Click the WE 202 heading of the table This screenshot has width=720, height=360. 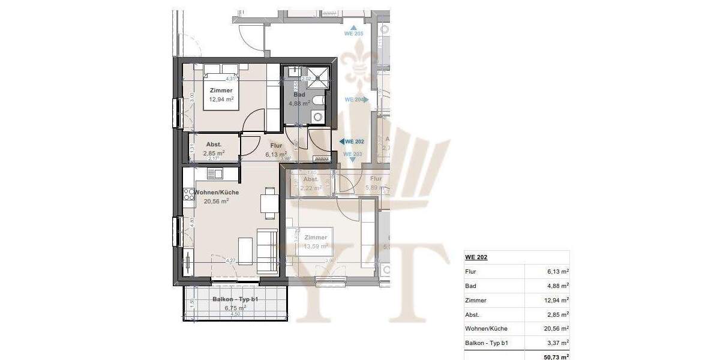pyautogui.click(x=476, y=257)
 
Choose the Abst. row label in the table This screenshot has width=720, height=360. pyautogui.click(x=473, y=315)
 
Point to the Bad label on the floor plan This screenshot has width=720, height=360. pyautogui.click(x=299, y=95)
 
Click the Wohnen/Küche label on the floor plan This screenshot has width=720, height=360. pyautogui.click(x=217, y=193)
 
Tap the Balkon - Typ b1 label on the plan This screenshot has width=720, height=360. pyautogui.click(x=235, y=299)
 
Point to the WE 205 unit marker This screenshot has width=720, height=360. pyautogui.click(x=353, y=34)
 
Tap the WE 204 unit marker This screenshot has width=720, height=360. pyautogui.click(x=355, y=100)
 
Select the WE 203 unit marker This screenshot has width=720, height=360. pyautogui.click(x=353, y=155)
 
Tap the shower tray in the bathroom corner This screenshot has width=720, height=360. pyautogui.click(x=319, y=76)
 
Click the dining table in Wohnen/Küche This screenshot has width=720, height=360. pyautogui.click(x=269, y=202)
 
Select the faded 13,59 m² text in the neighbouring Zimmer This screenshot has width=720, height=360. pyautogui.click(x=316, y=246)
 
